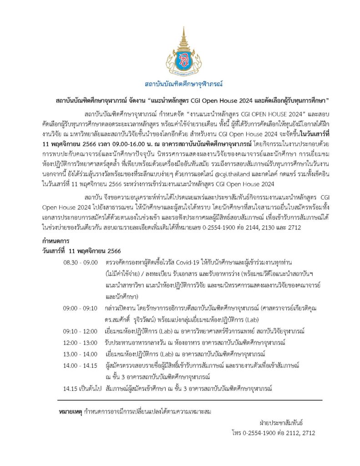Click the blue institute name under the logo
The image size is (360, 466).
pyautogui.click(x=180, y=85)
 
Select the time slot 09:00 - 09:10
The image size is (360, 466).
pyautogui.click(x=81, y=308)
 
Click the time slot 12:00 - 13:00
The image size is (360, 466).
pyautogui.click(x=81, y=342)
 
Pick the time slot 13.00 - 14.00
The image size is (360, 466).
pyautogui.click(x=81, y=354)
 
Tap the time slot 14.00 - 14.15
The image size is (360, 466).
pyautogui.click(x=81, y=365)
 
